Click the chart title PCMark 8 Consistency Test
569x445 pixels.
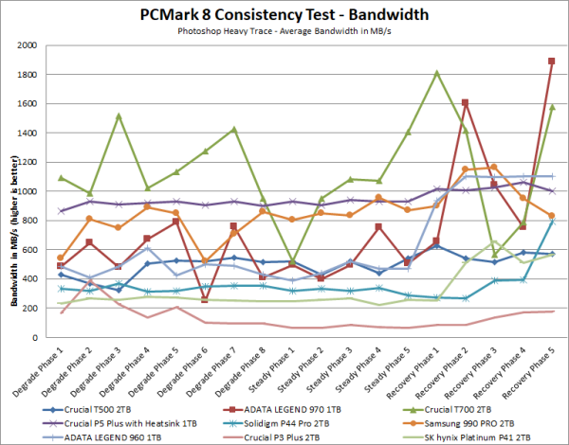pyautogui.click(x=284, y=13)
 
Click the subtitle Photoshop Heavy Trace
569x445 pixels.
pyautogui.click(x=284, y=32)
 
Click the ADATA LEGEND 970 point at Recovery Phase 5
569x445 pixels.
pyautogui.click(x=552, y=61)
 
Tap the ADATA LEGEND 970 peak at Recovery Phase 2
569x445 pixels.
pyautogui.click(x=466, y=102)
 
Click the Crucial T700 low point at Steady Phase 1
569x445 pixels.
pyautogui.click(x=293, y=263)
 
